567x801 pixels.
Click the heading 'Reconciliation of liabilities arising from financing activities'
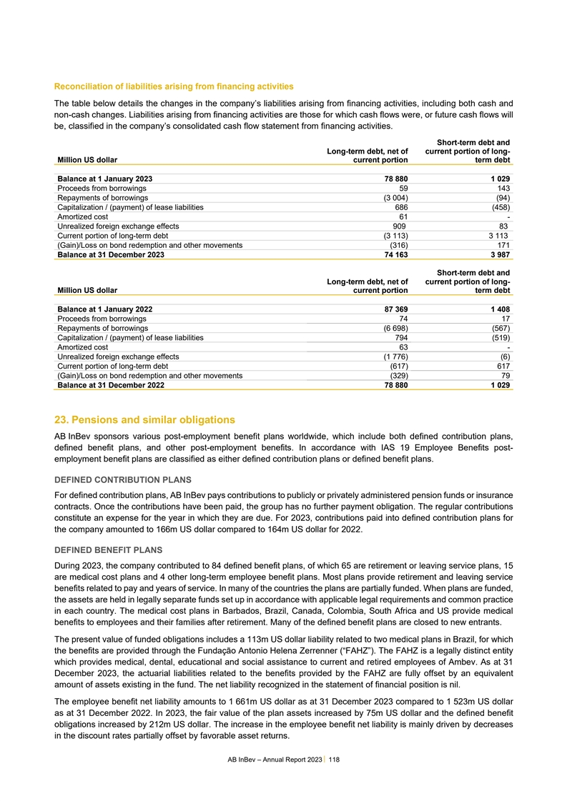pos(174,86)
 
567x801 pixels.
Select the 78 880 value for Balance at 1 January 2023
pos(393,177)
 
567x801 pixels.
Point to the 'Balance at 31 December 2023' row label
pos(110,255)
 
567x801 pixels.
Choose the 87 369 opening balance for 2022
pos(393,309)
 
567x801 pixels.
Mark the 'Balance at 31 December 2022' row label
pos(110,386)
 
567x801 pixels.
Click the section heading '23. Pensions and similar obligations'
pos(145,419)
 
